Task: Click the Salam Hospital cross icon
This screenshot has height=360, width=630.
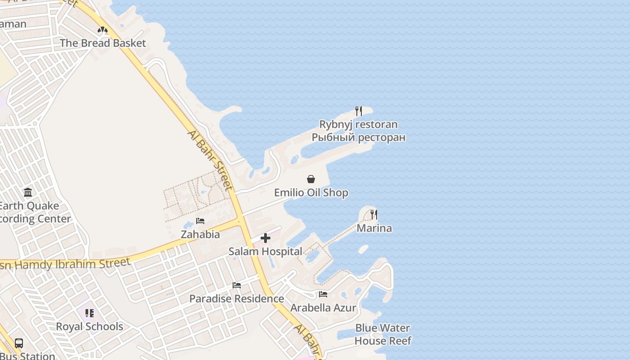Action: click(265, 238)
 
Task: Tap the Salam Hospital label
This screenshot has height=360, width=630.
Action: click(265, 252)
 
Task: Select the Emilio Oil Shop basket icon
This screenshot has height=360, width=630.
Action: click(311, 179)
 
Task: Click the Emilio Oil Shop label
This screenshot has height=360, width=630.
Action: click(311, 193)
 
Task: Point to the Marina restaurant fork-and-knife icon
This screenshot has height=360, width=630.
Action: click(374, 214)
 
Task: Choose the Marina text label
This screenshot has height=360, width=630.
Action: click(374, 228)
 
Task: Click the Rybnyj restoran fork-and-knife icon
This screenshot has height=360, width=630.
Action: click(359, 111)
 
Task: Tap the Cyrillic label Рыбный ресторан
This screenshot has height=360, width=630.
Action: click(359, 137)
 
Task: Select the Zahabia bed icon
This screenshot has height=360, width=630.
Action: click(200, 221)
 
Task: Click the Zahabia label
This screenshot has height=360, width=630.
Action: click(200, 234)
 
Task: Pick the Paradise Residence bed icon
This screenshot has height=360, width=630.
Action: click(237, 285)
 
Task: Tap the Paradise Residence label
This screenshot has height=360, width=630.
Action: click(237, 299)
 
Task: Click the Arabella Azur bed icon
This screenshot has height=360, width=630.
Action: click(323, 294)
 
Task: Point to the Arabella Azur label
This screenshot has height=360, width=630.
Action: click(323, 308)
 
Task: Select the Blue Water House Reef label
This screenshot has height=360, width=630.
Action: click(383, 334)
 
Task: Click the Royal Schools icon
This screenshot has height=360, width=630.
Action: click(90, 313)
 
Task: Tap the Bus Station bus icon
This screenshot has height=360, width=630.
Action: click(19, 343)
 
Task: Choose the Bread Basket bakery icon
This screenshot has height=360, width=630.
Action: click(103, 30)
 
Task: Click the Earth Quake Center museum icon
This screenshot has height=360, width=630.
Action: click(28, 193)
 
